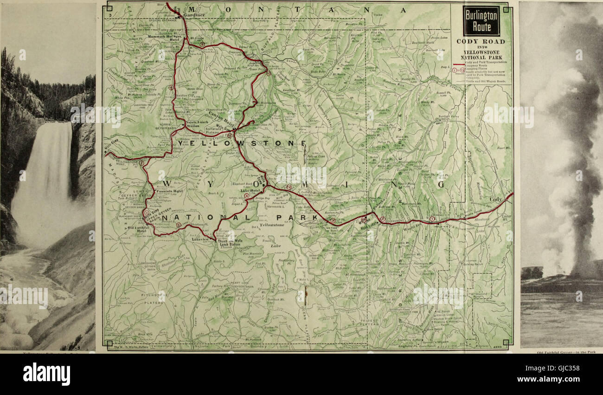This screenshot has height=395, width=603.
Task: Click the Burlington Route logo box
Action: click(x=481, y=21)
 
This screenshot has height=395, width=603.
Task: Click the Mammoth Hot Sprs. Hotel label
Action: click(x=169, y=38)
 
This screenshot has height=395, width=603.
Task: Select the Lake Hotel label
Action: click(x=249, y=190)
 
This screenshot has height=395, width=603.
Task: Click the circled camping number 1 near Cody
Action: click(x=432, y=219)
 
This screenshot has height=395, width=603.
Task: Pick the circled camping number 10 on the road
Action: click(x=268, y=72)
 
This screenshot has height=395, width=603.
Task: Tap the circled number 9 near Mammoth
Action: click(x=202, y=45)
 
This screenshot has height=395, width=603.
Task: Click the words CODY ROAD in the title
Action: click(x=481, y=41)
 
